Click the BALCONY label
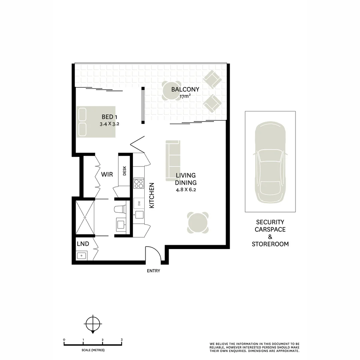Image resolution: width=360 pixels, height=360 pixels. click(x=185, y=89)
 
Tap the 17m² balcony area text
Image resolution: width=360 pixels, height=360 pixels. click(x=185, y=96)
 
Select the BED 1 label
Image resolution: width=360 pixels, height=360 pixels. click(x=110, y=117)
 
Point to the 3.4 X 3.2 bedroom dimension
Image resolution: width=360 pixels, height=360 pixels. click(x=109, y=124)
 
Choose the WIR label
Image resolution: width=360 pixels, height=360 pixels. click(x=107, y=174)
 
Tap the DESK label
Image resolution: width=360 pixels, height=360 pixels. click(x=125, y=171)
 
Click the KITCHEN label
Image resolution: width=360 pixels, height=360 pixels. click(x=152, y=195)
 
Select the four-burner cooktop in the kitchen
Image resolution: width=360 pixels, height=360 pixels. click(x=139, y=184)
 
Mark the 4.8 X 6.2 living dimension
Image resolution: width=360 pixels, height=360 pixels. click(x=186, y=190)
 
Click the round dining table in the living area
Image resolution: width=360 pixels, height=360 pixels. click(x=198, y=222)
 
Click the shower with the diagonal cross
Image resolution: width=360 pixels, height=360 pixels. click(x=85, y=217)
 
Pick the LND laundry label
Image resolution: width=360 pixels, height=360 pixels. click(x=83, y=244)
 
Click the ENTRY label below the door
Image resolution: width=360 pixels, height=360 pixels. click(x=153, y=271)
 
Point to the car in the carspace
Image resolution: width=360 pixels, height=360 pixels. click(x=270, y=162)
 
